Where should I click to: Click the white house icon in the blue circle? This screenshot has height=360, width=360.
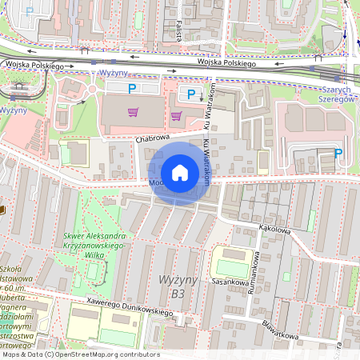[x=180, y=173]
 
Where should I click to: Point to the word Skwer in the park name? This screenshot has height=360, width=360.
[x=74, y=237]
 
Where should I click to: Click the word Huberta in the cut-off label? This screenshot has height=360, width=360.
[x=14, y=297]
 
